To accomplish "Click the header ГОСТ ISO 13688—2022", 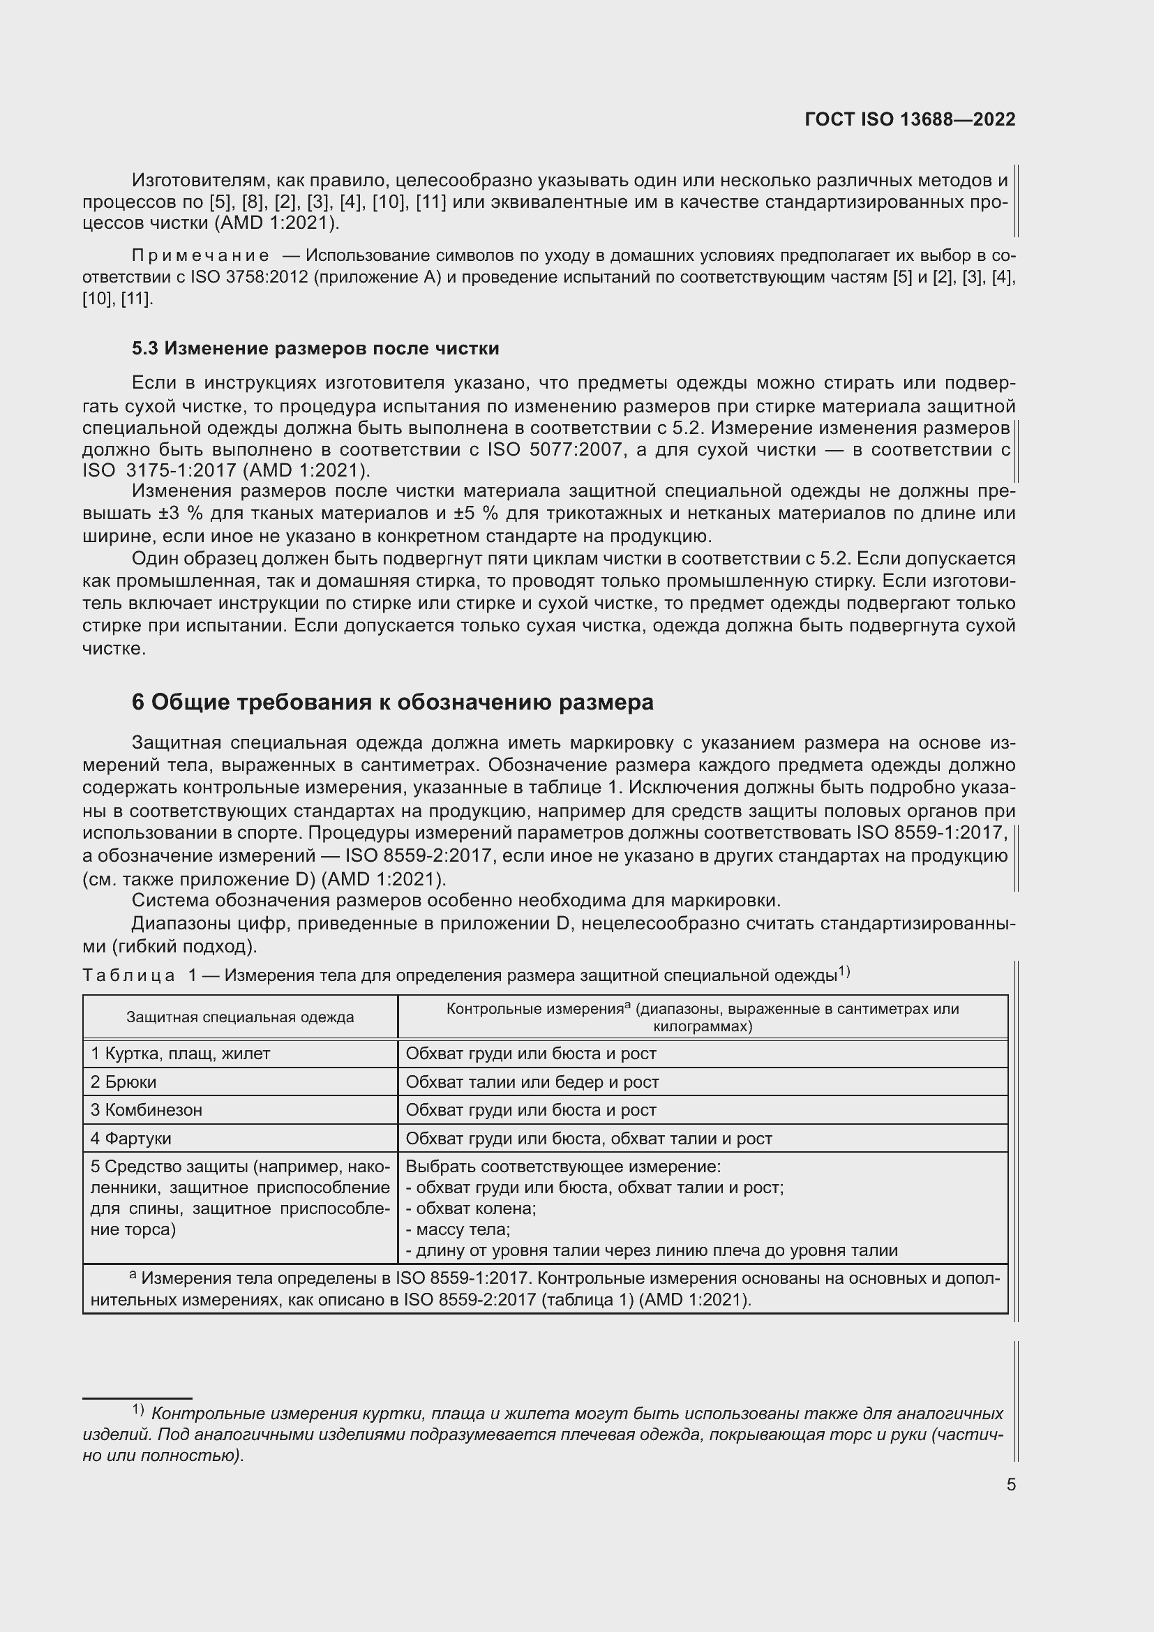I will (x=910, y=119).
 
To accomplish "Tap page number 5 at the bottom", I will (x=1010, y=1484).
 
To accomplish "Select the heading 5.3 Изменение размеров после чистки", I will (x=315, y=348).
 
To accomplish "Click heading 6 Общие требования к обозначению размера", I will (x=392, y=703).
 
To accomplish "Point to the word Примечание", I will (x=200, y=256).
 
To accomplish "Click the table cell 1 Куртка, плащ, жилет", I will (x=181, y=1054).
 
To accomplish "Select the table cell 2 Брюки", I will (x=123, y=1082).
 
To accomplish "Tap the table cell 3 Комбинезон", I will (x=147, y=1109).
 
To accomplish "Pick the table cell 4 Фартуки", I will (x=130, y=1138).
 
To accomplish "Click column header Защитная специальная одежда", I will (x=240, y=1017).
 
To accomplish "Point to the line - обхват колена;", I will (x=470, y=1208).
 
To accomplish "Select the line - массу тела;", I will (x=458, y=1229).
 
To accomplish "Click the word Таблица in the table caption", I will (x=128, y=975).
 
